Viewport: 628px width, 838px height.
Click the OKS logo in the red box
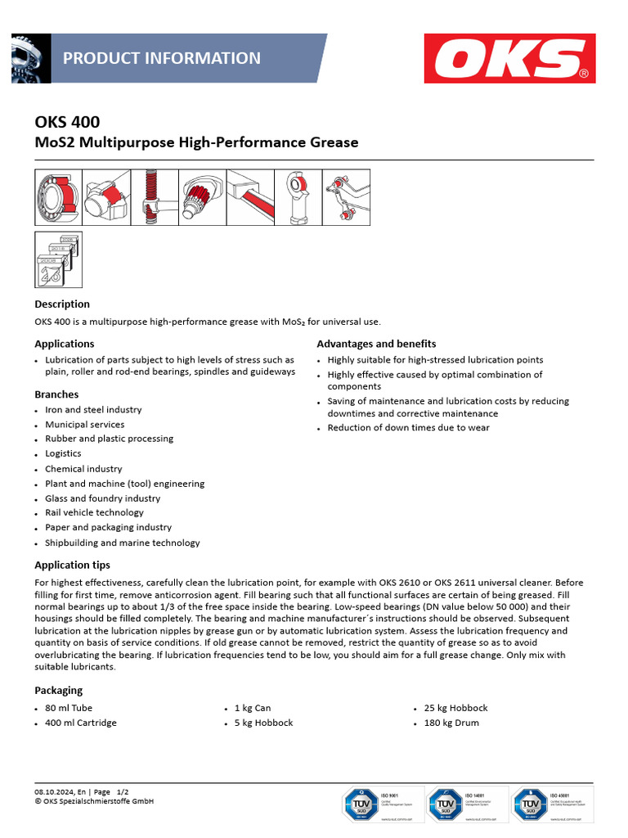510,59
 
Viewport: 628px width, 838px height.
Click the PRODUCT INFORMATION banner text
162,58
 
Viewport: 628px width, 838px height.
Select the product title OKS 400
67,122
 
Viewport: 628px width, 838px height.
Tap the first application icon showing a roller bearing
58,197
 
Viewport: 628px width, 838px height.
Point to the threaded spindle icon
154,197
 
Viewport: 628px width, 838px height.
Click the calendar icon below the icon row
58,259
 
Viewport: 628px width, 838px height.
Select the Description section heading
62,304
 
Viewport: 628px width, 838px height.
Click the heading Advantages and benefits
376,344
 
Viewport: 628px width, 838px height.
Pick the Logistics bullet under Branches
63,453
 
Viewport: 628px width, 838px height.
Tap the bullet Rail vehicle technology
94,512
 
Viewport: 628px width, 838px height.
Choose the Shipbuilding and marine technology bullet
122,543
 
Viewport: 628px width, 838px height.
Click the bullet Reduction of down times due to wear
408,427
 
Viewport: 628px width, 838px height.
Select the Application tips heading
72,565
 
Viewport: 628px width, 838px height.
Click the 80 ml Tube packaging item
69,708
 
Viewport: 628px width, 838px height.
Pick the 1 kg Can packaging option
253,708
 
